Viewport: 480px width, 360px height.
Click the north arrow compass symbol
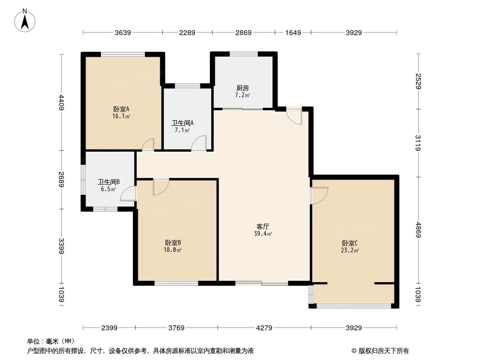[x=26, y=20]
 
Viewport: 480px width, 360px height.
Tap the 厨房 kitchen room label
[x=242, y=88]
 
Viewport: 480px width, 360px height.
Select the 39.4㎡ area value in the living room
[x=263, y=234]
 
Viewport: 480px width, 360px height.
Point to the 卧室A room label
[x=121, y=109]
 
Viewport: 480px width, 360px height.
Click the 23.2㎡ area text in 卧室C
[x=349, y=251]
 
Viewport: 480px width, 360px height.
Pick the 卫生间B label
[x=109, y=182]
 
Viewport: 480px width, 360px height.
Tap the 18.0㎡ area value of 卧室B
[x=172, y=250]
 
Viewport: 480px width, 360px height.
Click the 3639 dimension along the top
[x=122, y=32]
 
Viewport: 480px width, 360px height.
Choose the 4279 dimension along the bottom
[x=264, y=328]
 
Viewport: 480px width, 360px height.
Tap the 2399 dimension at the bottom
[x=109, y=328]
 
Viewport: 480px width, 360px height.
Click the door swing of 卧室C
[x=319, y=196]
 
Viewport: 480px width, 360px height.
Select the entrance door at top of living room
[x=294, y=116]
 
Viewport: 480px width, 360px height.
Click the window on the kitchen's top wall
[x=244, y=54]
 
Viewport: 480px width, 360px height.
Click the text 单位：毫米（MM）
[x=50, y=341]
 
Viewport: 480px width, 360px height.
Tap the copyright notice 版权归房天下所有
[x=380, y=351]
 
